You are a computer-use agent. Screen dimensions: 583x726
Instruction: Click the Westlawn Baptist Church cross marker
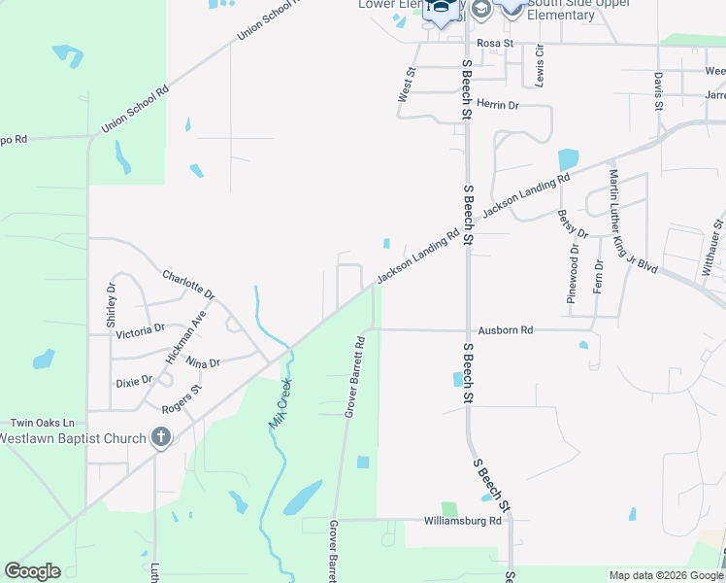161,437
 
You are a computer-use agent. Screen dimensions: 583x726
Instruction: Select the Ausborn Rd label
499,330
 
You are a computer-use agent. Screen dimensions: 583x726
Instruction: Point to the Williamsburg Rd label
462,521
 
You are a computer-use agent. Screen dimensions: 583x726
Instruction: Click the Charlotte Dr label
188,285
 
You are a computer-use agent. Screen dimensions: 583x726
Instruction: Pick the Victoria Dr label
140,331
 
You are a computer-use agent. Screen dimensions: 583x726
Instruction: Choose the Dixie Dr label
134,380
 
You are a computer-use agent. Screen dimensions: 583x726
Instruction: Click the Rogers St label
181,396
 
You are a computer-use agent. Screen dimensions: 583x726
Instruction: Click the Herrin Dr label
498,105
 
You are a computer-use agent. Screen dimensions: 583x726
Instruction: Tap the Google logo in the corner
32,571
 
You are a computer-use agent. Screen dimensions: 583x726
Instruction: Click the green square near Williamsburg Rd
448,509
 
